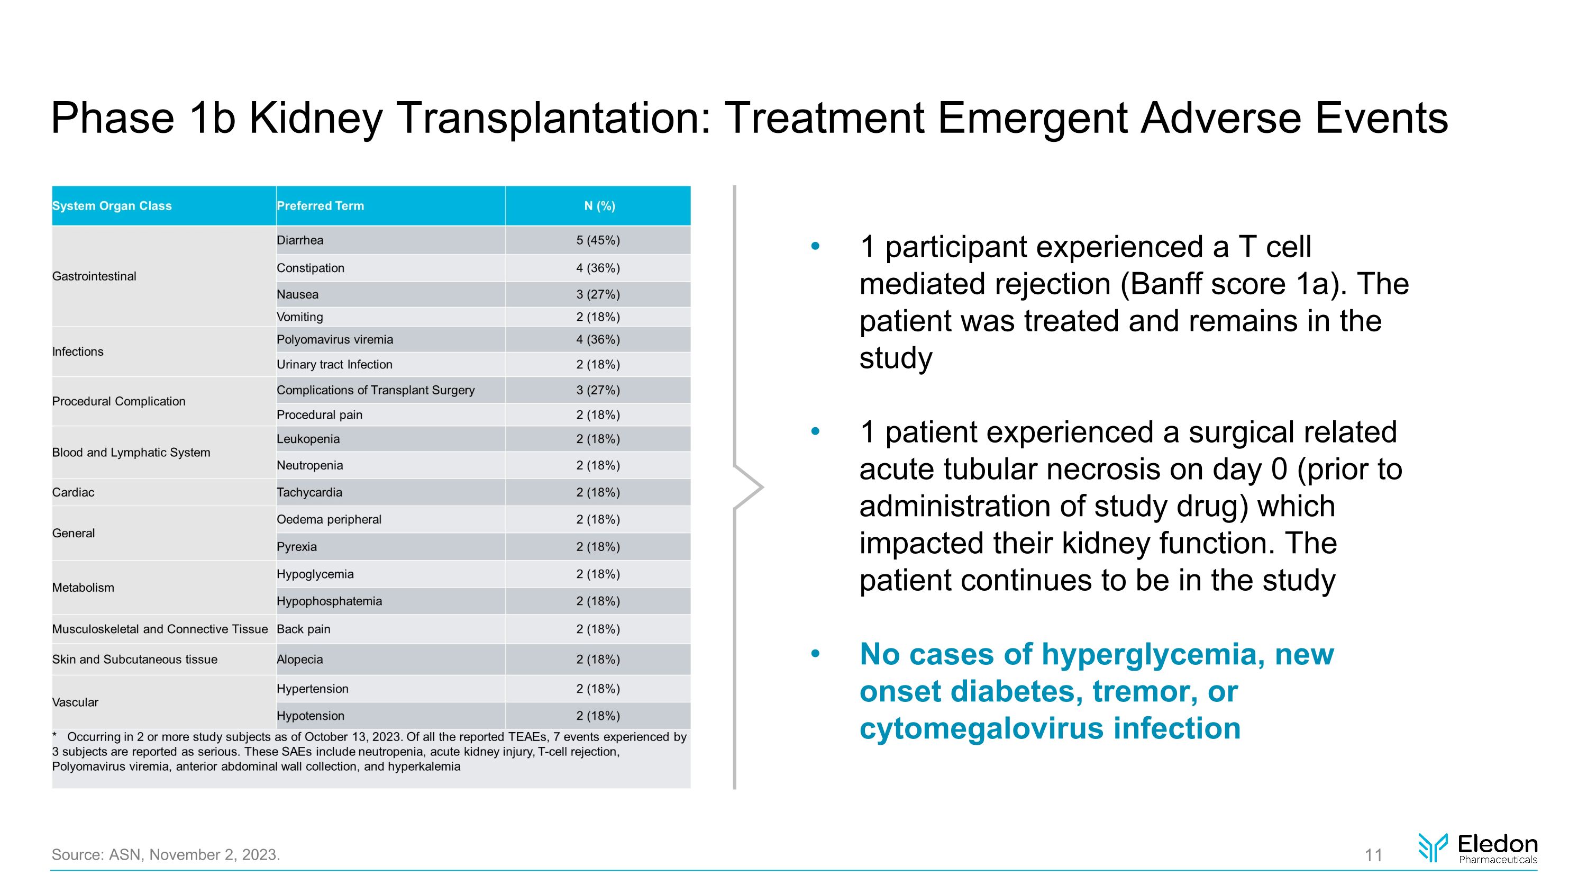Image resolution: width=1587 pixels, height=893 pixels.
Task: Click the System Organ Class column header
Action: pyautogui.click(x=112, y=206)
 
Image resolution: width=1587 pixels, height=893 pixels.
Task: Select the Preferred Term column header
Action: pyautogui.click(x=321, y=206)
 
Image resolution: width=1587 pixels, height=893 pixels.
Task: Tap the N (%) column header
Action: pyautogui.click(x=599, y=206)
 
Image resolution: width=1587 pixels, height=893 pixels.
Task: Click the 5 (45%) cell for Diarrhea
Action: pyautogui.click(x=598, y=240)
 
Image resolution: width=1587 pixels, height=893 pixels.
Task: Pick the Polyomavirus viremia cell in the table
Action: pyautogui.click(x=334, y=340)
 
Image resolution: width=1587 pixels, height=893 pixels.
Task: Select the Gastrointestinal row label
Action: pyautogui.click(x=94, y=276)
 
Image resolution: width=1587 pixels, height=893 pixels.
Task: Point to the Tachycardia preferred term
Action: pyautogui.click(x=309, y=492)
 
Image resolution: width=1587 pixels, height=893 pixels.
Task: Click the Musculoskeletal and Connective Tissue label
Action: pyautogui.click(x=160, y=629)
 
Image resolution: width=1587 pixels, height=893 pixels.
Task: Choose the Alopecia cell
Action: pyautogui.click(x=299, y=660)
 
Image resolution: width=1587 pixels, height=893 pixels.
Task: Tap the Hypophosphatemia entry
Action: pyautogui.click(x=329, y=601)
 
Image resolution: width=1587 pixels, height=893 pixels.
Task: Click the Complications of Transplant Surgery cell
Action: pyautogui.click(x=375, y=390)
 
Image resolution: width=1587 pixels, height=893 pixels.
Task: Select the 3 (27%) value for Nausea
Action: pyautogui.click(x=598, y=295)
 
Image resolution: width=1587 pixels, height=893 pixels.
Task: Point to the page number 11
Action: pyautogui.click(x=1373, y=855)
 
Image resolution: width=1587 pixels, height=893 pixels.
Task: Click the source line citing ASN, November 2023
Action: pyautogui.click(x=166, y=855)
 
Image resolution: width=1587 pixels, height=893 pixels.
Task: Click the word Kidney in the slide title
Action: pyautogui.click(x=315, y=119)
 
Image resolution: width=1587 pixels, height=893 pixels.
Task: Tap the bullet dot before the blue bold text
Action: pyautogui.click(x=816, y=654)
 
